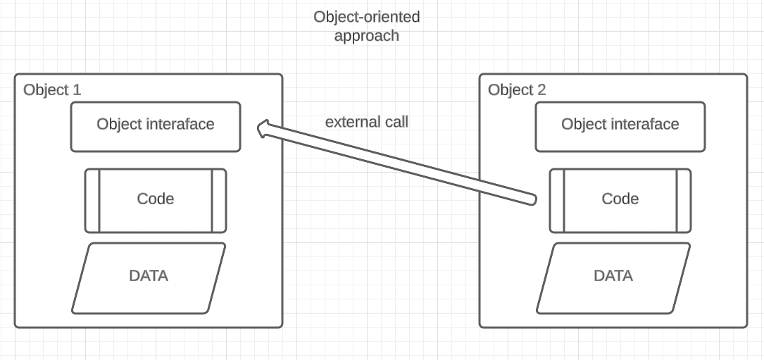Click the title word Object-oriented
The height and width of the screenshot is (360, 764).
pos(366,16)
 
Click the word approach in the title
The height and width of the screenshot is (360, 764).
pos(366,35)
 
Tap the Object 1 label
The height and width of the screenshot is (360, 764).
pos(52,89)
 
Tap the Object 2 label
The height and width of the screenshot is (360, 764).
pos(517,89)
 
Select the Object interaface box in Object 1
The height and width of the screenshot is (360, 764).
pos(155,126)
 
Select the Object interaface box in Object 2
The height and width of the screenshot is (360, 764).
pos(620,126)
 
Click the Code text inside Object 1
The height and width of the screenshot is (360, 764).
pos(155,199)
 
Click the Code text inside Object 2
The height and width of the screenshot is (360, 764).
pos(620,199)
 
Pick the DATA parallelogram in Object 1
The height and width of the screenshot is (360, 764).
pos(149,278)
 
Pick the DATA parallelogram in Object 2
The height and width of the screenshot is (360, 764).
pos(613,278)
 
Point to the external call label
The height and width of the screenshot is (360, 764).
pos(366,121)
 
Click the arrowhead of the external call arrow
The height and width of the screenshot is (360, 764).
pos(262,128)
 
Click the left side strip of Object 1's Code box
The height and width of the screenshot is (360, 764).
pos(92,201)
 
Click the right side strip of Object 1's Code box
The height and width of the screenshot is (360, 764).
pos(219,201)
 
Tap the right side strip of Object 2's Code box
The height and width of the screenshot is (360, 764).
pos(684,201)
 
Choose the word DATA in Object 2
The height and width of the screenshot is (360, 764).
pos(613,275)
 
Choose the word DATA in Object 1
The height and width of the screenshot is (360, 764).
pos(149,275)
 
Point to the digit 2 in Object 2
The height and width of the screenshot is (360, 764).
pos(541,90)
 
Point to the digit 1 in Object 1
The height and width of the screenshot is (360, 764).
pos(77,89)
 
